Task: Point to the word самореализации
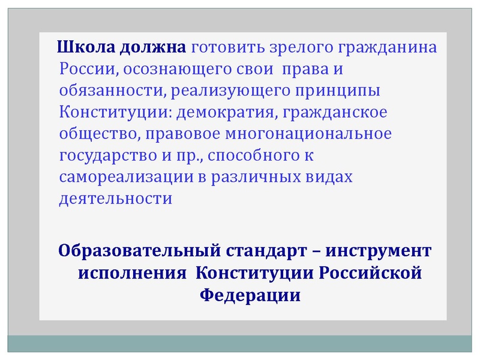[x=118, y=176]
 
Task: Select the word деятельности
[x=116, y=198]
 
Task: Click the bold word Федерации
[x=248, y=295]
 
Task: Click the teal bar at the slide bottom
[x=240, y=344]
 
